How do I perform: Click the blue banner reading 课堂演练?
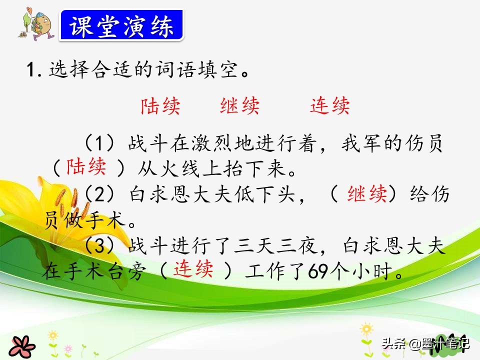(x=121, y=25)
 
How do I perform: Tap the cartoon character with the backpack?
(x=36, y=24)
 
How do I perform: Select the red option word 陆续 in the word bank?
(x=160, y=106)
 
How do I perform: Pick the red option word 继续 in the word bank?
(x=239, y=106)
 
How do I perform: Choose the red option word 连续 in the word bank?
(x=329, y=106)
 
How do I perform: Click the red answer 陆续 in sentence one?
(x=86, y=167)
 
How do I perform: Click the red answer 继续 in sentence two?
(x=367, y=194)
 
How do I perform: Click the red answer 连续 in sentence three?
(x=193, y=269)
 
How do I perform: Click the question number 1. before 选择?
(x=34, y=69)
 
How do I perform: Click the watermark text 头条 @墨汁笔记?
(x=425, y=344)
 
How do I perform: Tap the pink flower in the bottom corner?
(x=21, y=347)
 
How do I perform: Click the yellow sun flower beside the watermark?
(x=366, y=329)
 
